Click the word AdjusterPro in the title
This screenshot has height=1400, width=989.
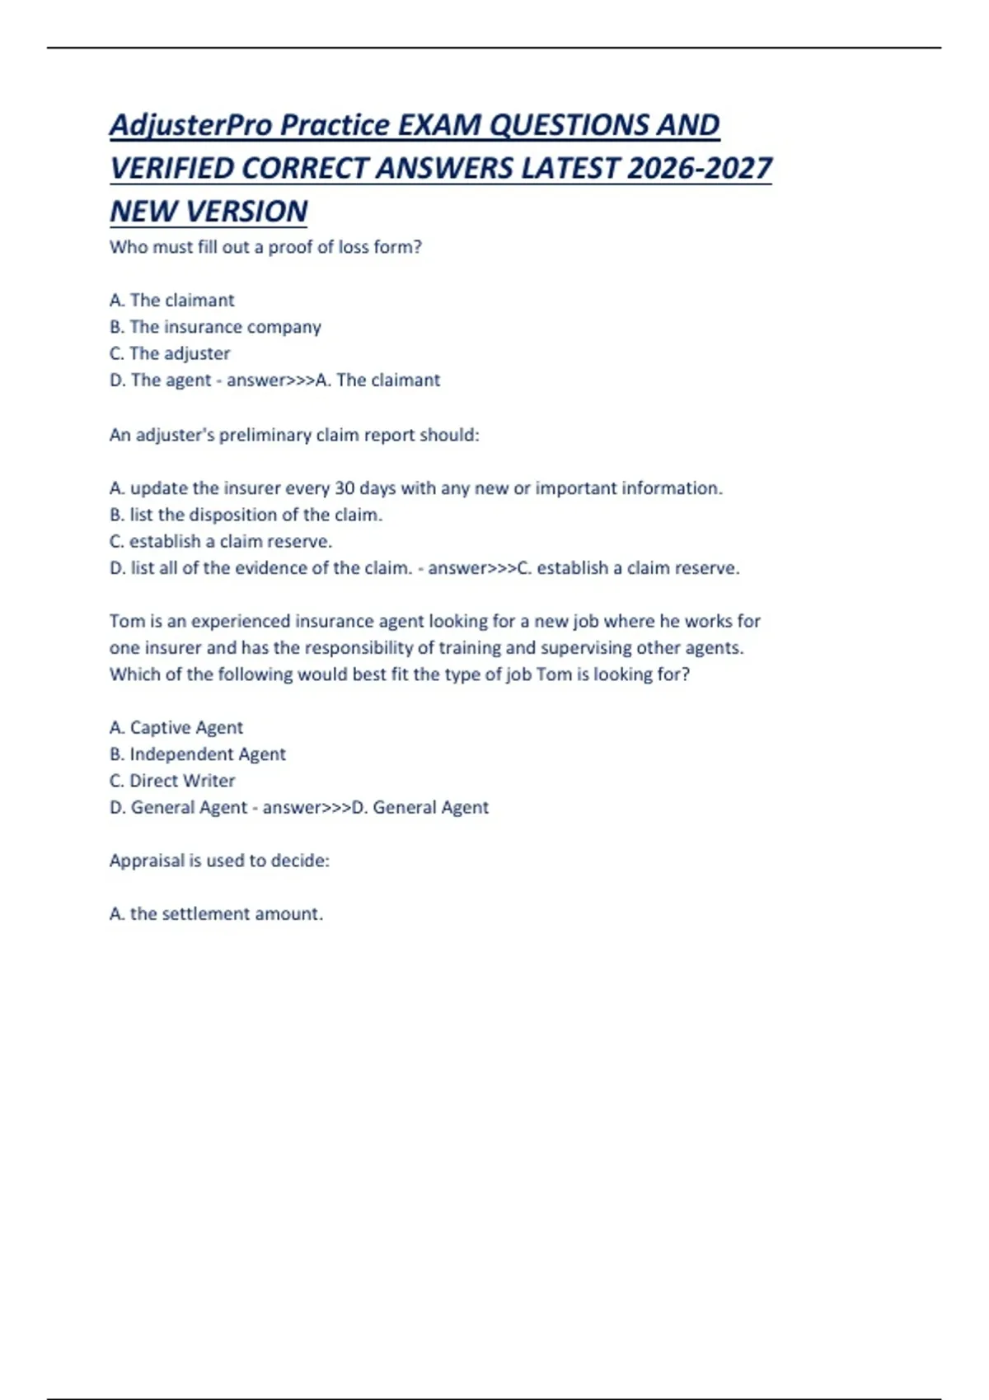pyautogui.click(x=191, y=125)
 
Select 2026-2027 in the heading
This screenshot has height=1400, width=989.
pyautogui.click(x=699, y=169)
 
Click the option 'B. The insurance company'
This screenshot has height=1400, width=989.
pyautogui.click(x=215, y=327)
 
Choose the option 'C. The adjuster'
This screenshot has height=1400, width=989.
pyautogui.click(x=170, y=353)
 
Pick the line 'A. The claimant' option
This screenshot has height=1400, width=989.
pyautogui.click(x=171, y=301)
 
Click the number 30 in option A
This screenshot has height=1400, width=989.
pyautogui.click(x=345, y=488)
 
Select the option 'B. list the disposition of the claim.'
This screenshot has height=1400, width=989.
pyautogui.click(x=246, y=515)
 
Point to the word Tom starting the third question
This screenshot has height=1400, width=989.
pyautogui.click(x=127, y=621)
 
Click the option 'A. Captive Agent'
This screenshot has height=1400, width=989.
pyautogui.click(x=176, y=728)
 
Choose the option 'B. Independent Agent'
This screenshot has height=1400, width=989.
pyautogui.click(x=197, y=754)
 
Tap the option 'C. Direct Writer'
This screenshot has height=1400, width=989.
pyautogui.click(x=171, y=781)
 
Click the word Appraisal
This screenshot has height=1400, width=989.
pyautogui.click(x=147, y=861)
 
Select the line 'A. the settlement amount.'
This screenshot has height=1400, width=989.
pyautogui.click(x=216, y=914)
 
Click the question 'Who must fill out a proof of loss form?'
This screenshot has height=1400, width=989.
pyautogui.click(x=265, y=247)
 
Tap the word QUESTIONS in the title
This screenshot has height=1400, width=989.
pyautogui.click(x=568, y=125)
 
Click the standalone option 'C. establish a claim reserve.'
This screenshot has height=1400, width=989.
pyautogui.click(x=220, y=542)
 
